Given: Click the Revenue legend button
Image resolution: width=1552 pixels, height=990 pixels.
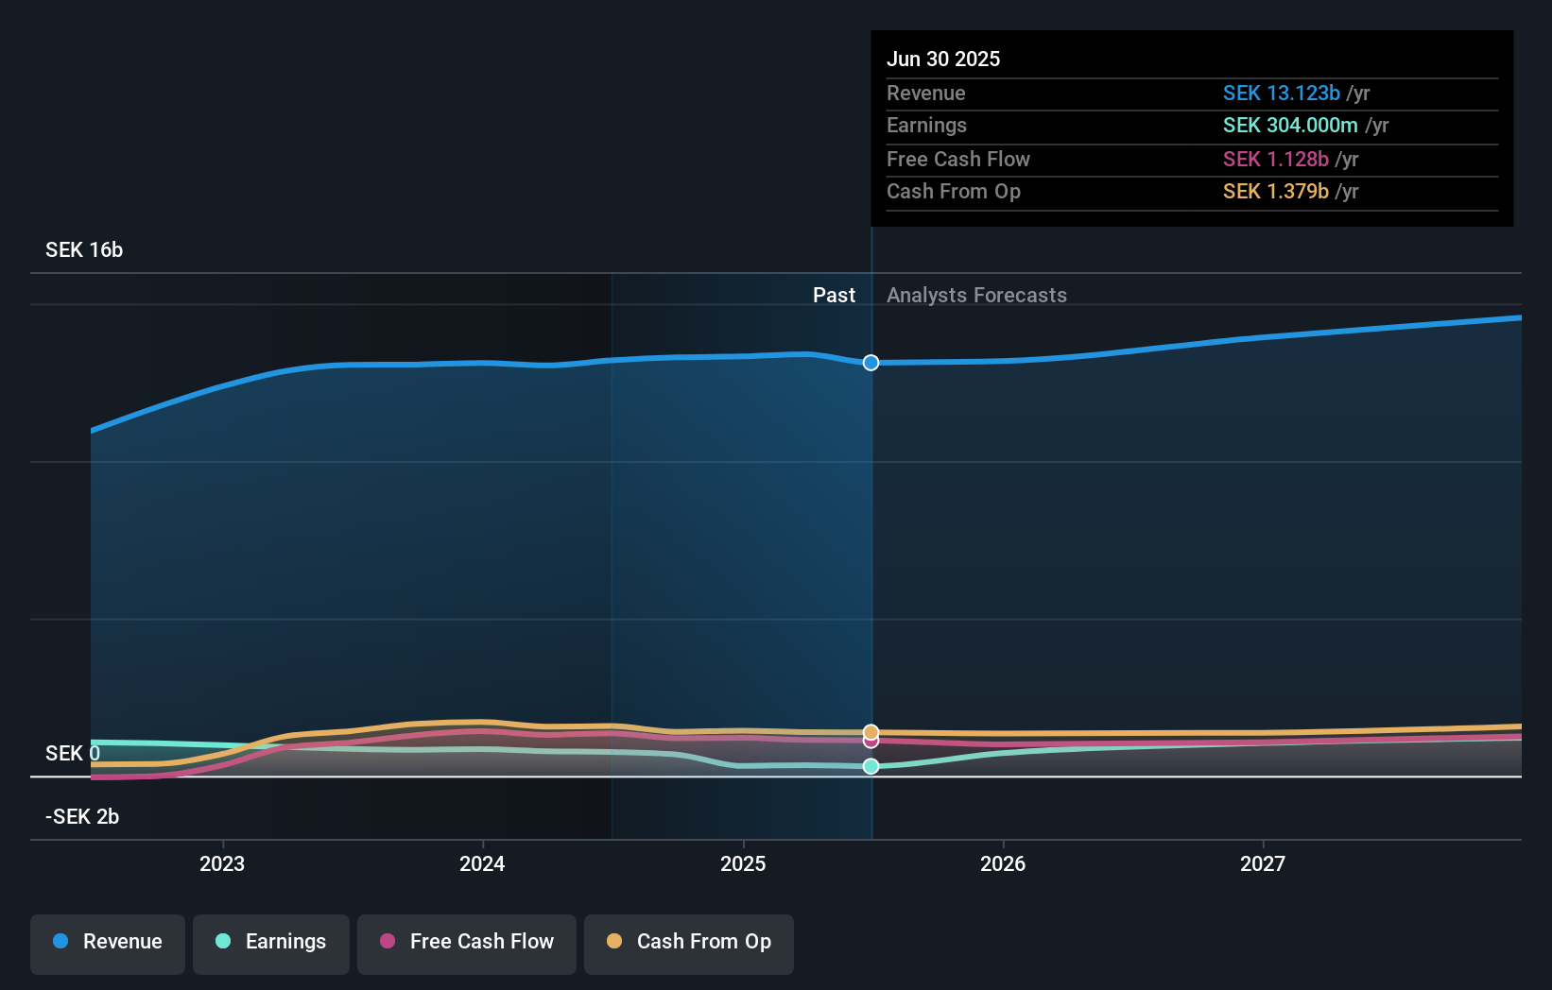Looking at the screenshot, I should pyautogui.click(x=108, y=942).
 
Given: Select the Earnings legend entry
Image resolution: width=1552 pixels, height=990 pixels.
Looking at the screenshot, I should pyautogui.click(x=271, y=942).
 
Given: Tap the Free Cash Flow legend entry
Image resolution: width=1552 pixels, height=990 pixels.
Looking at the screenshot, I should pyautogui.click(x=467, y=942).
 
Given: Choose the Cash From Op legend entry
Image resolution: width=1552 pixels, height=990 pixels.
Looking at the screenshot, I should pyautogui.click(x=689, y=942).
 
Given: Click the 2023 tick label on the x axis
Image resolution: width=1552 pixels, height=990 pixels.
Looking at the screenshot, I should pyautogui.click(x=222, y=863).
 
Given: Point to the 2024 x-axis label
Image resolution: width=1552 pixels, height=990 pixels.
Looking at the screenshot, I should pyautogui.click(x=482, y=863).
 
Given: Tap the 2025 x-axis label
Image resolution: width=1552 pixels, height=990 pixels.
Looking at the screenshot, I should pyautogui.click(x=743, y=863).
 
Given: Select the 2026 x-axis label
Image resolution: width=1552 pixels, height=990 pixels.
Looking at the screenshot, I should pyautogui.click(x=1003, y=863).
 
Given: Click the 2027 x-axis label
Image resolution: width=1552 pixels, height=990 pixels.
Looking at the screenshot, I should pyautogui.click(x=1263, y=863).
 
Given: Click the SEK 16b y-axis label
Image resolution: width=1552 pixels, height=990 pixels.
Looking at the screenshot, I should pyautogui.click(x=84, y=250).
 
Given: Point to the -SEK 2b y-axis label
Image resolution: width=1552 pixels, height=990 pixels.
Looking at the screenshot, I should pyautogui.click(x=82, y=817).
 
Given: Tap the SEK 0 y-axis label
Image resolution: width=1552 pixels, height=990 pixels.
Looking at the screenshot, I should pyautogui.click(x=73, y=754).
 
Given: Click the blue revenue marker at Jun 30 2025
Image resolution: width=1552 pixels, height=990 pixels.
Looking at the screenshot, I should pyautogui.click(x=871, y=363).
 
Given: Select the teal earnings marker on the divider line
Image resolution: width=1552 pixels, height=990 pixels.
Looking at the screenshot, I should pyautogui.click(x=871, y=766).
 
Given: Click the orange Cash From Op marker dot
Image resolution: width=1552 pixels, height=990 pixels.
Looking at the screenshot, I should pyautogui.click(x=871, y=732).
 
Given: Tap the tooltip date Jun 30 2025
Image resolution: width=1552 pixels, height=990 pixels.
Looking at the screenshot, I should pyautogui.click(x=943, y=60).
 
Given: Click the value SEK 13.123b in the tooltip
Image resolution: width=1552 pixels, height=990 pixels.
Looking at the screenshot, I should pyautogui.click(x=1281, y=94).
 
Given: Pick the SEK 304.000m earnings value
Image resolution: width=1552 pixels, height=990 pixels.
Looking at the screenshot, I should pyautogui.click(x=1289, y=126).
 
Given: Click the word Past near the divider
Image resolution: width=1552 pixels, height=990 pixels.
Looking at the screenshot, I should pyautogui.click(x=834, y=296).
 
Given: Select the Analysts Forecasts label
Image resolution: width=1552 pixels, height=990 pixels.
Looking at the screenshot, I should pyautogui.click(x=976, y=296).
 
